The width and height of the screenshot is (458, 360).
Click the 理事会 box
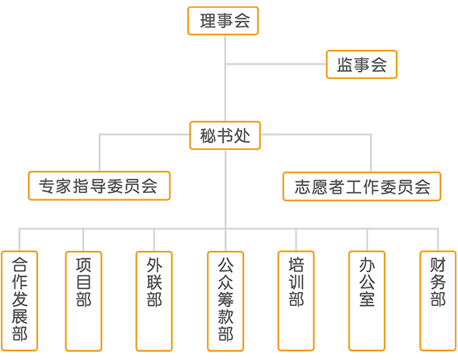tap(223, 21)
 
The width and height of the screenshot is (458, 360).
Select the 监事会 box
tap(361, 65)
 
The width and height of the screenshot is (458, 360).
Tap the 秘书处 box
tap(225, 136)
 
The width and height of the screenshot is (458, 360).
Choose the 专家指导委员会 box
tap(99, 186)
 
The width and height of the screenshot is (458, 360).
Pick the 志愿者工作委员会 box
tap(362, 186)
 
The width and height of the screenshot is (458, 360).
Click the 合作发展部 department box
tap(19, 301)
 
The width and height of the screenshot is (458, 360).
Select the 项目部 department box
tap(83, 301)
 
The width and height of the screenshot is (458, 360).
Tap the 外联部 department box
tap(154, 301)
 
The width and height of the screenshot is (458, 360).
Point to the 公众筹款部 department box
tap(225, 301)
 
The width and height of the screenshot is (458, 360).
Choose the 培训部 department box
tap(296, 301)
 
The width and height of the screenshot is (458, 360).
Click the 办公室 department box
tap(367, 301)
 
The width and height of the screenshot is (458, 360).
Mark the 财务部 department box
tap(438, 301)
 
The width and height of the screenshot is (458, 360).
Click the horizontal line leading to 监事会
tap(275, 64)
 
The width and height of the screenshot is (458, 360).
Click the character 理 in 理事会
tap(208, 21)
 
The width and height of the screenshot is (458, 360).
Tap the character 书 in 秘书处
tap(225, 136)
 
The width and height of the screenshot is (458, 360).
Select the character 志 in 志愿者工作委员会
tap(303, 186)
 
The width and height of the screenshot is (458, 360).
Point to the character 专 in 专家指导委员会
tap(47, 186)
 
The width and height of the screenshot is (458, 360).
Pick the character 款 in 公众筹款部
tap(225, 316)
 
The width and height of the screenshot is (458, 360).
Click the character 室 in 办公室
tap(367, 299)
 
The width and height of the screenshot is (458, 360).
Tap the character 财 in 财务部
tap(438, 265)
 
